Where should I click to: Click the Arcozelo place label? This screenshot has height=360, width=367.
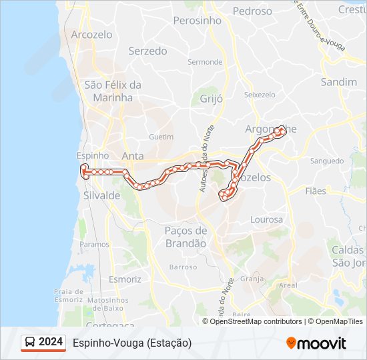point(93,35)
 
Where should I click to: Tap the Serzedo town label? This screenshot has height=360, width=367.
point(147,51)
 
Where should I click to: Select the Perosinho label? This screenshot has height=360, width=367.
point(197,21)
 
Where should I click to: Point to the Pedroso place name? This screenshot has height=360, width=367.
point(252,11)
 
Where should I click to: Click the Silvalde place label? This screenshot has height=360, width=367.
point(102,195)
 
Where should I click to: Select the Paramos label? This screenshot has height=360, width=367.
point(94,245)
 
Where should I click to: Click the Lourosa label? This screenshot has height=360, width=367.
point(266,219)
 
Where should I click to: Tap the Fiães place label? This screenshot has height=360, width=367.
point(316,191)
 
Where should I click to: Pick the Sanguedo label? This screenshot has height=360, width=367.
point(326,161)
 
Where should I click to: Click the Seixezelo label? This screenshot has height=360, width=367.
point(260,95)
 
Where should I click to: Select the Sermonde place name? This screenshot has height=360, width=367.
point(205,62)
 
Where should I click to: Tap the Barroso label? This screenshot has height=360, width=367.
point(183,267)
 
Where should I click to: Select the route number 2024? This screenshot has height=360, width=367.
point(51,342)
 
